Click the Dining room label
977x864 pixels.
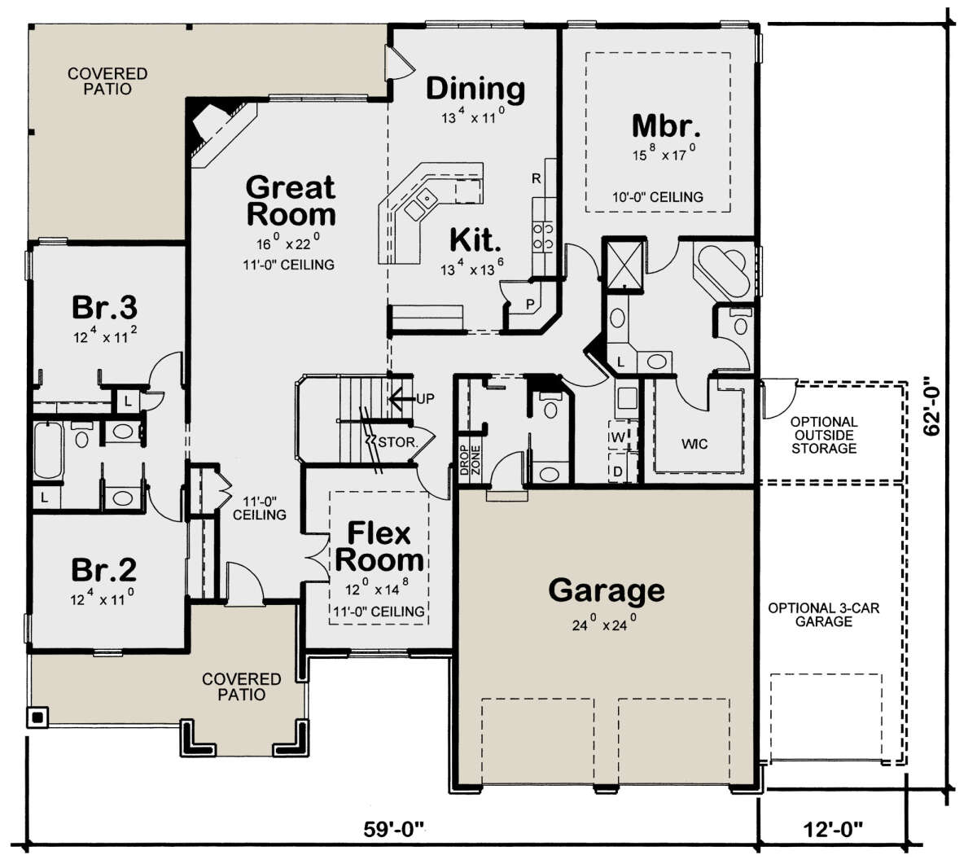(475, 90)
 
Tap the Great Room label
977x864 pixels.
(291, 200)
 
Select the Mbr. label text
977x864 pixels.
(666, 126)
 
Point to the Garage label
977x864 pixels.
(607, 590)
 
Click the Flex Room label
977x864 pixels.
(379, 546)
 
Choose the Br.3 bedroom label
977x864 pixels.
(105, 307)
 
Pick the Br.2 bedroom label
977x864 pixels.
(103, 570)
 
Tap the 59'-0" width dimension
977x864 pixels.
(394, 830)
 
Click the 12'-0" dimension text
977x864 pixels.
(833, 830)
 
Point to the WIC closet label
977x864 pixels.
(694, 444)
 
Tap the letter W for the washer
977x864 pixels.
(618, 437)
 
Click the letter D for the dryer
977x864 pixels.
(618, 471)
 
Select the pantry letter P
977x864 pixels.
(530, 304)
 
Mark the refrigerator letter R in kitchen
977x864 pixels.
(536, 178)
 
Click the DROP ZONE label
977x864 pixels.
(470, 460)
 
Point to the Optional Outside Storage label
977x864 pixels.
(824, 435)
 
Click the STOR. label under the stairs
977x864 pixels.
(398, 442)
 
